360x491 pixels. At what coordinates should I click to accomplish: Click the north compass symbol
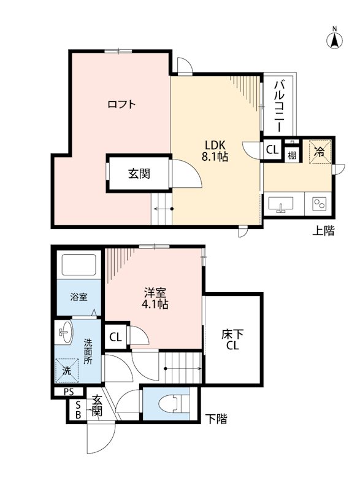click(335, 39)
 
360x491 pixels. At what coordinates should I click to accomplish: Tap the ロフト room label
click(121, 104)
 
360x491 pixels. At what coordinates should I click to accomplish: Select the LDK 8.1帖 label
click(215, 151)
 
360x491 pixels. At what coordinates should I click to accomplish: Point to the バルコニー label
click(278, 105)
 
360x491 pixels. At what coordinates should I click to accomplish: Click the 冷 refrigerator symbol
click(319, 151)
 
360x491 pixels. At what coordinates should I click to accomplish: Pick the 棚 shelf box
click(291, 154)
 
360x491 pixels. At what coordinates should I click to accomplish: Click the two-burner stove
click(318, 204)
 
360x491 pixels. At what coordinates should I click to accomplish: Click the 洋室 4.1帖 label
click(154, 298)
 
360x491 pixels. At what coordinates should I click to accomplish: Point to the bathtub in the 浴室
click(79, 266)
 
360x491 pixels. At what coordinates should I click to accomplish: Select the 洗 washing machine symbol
click(68, 369)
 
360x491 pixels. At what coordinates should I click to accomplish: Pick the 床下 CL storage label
click(232, 339)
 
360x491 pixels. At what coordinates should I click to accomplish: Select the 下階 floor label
click(215, 419)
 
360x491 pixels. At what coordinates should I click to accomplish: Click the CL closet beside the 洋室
click(115, 336)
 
